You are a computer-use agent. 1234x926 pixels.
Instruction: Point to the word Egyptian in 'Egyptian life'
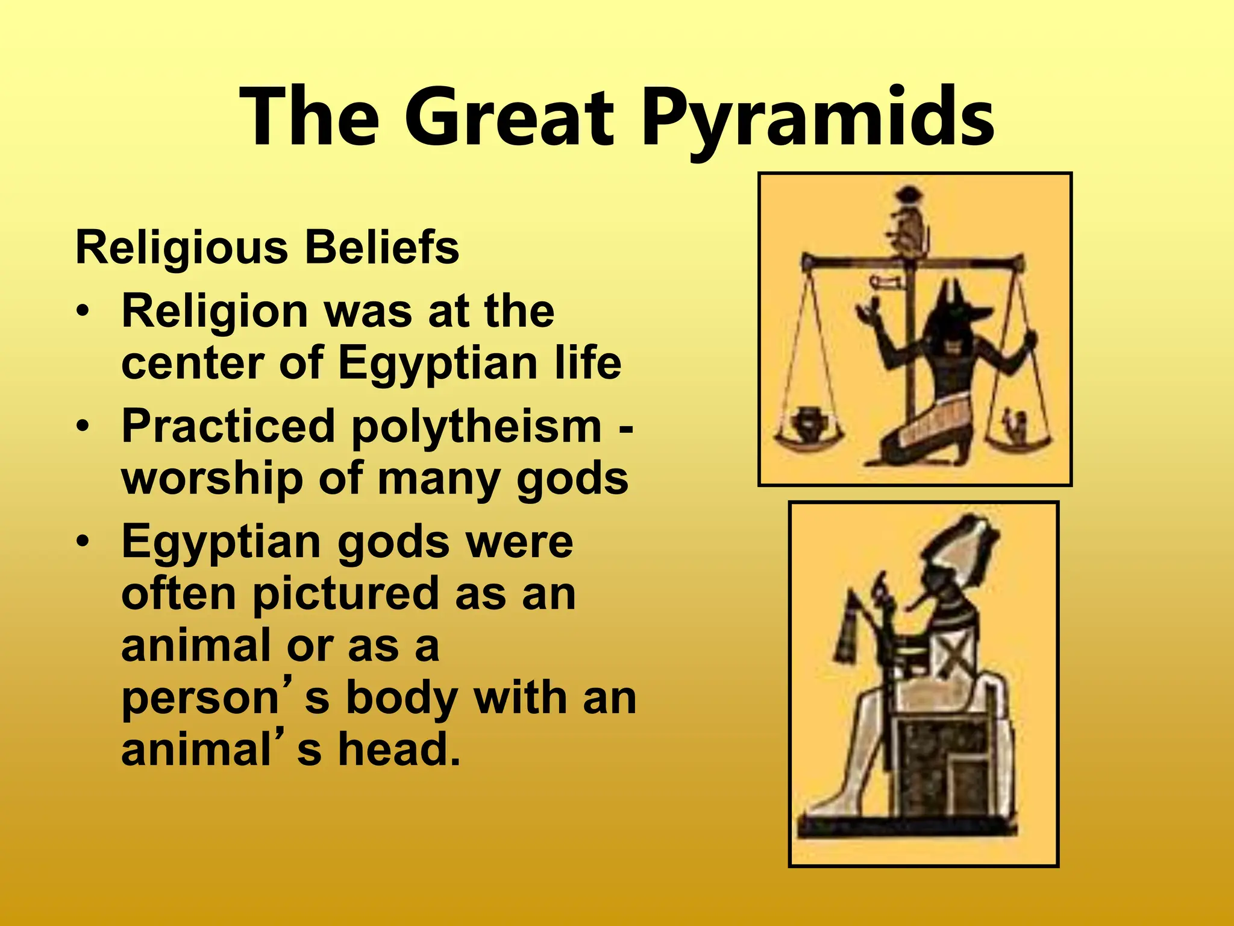(x=437, y=364)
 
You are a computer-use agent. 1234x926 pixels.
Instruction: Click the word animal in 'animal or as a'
(x=196, y=645)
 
